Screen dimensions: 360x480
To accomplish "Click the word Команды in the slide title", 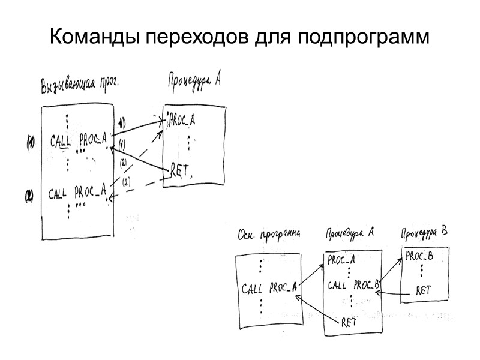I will pos(95,38).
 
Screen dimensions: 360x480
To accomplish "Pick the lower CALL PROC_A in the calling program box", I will pos(77,193).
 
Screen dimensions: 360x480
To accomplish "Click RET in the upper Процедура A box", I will pos(180,170).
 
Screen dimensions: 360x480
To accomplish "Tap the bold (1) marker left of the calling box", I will pos(29,142).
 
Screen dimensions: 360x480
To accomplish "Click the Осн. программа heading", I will pos(269,233).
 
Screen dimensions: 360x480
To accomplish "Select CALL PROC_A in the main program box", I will pos(269,289).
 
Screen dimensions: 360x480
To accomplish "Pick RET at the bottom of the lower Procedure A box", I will pos(349,321).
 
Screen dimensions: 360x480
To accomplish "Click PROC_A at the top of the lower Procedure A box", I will pos(341,260).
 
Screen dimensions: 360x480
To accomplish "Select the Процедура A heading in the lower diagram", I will pos(350,232).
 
